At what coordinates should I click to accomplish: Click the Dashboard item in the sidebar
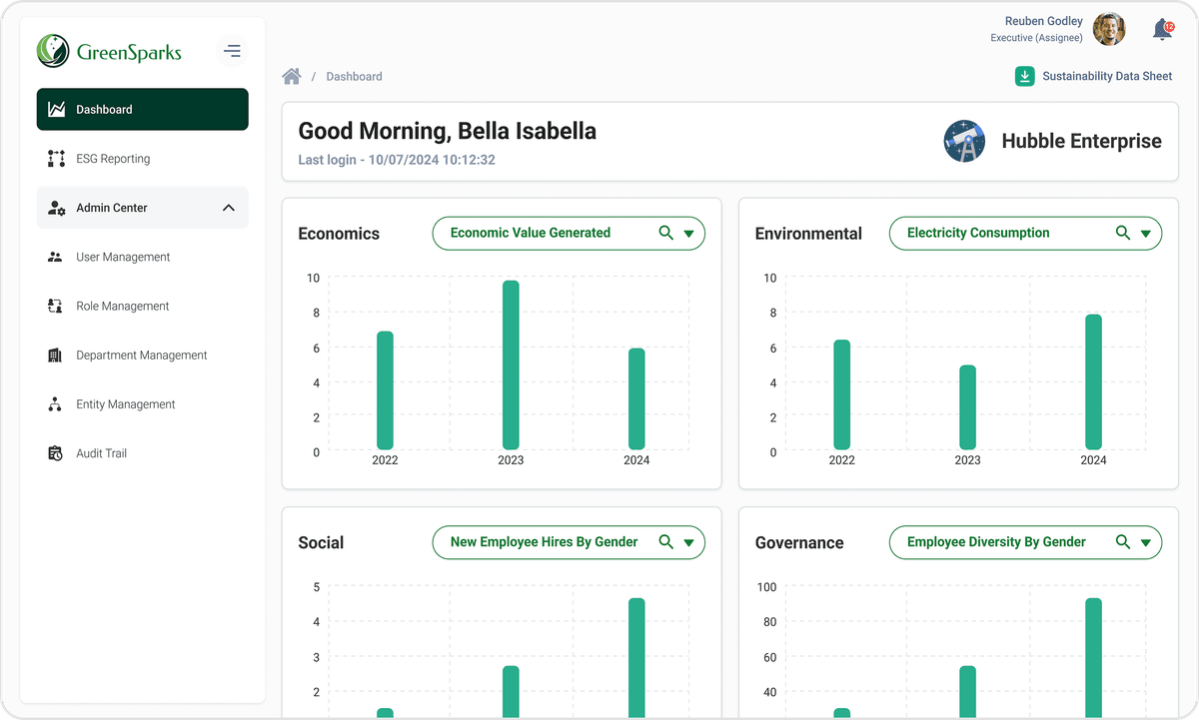[142, 110]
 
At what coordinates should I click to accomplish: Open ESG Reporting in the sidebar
[113, 159]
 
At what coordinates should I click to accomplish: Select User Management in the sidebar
[123, 257]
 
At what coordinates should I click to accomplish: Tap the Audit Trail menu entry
[101, 453]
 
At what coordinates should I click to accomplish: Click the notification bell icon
[1162, 30]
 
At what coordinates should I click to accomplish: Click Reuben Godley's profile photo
[1109, 29]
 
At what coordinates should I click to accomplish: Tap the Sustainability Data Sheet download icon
[1024, 76]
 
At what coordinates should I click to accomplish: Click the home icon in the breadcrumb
[292, 76]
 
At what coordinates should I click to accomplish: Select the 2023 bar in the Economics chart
[511, 364]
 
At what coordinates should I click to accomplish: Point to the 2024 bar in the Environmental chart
[1093, 381]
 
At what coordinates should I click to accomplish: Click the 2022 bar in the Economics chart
[385, 390]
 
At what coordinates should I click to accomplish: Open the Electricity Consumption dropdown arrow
[1146, 234]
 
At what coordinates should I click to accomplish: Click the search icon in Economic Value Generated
[666, 233]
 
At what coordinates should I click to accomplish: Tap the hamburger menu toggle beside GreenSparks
[232, 50]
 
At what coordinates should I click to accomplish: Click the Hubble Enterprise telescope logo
[964, 141]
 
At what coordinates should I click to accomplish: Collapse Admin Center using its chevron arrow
[228, 208]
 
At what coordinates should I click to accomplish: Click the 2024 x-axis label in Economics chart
[636, 460]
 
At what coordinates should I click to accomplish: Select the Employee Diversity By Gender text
[996, 542]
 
